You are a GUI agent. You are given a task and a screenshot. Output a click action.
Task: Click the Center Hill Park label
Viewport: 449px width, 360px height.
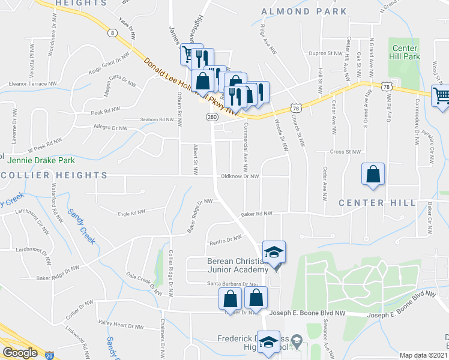(x=406, y=52)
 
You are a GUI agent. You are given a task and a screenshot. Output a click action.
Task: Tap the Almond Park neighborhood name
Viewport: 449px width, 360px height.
(x=304, y=11)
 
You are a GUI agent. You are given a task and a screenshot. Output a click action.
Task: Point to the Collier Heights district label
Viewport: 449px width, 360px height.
(x=53, y=175)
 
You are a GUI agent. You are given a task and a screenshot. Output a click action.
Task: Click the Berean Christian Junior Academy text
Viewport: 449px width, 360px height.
(x=235, y=265)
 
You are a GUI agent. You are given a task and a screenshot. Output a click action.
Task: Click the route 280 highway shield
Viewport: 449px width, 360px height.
(x=212, y=116)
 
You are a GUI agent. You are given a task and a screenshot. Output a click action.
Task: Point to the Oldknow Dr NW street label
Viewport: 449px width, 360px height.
(x=240, y=176)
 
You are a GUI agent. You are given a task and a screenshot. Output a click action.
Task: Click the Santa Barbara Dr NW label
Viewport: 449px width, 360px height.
(x=232, y=284)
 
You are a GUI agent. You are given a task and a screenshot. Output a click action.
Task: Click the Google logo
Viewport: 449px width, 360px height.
(x=20, y=353)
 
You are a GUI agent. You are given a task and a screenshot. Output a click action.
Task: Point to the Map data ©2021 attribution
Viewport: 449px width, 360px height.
(x=424, y=355)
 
